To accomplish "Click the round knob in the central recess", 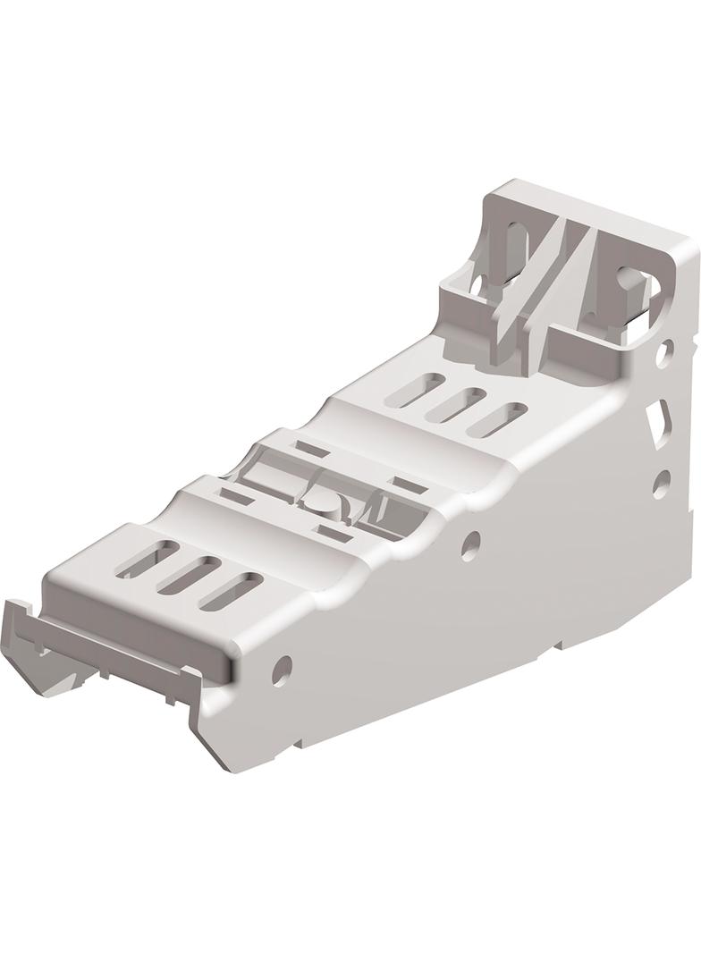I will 323,502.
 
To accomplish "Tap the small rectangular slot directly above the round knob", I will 310,450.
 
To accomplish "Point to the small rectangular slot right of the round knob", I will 410,486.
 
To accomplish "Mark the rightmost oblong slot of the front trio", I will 231,591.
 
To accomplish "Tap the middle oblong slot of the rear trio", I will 456,404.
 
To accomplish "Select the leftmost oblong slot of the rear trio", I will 418,390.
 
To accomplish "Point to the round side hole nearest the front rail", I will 282,670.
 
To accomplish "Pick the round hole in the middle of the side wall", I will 470,544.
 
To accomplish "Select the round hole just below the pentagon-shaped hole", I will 661,484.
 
